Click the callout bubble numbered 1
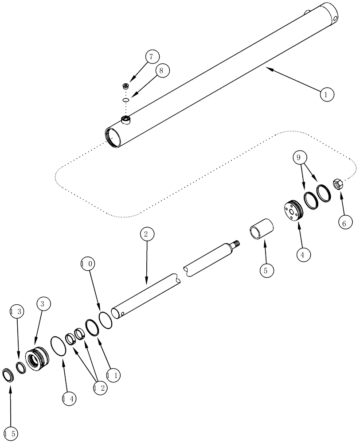click(326, 94)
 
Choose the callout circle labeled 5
click(266, 270)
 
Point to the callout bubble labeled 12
click(99, 388)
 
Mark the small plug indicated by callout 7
click(127, 86)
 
